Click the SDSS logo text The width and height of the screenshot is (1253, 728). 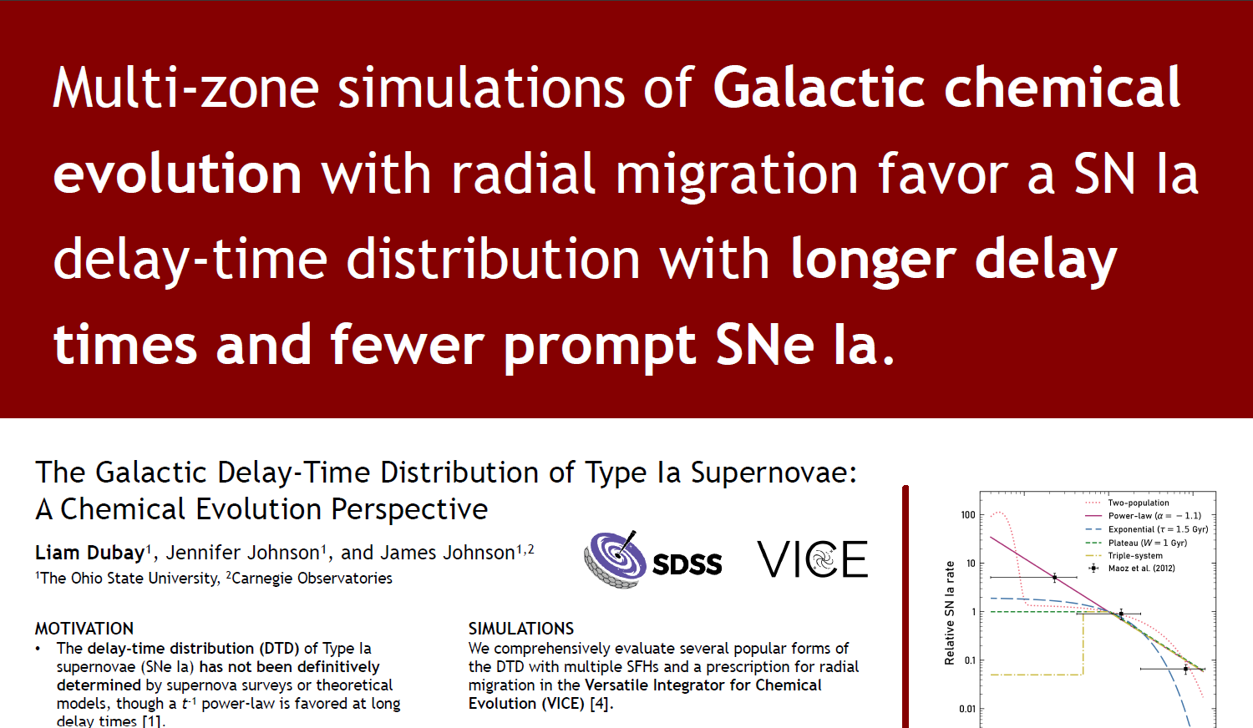[x=687, y=564]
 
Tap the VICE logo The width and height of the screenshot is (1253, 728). [x=812, y=559]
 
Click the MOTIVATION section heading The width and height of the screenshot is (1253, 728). [x=84, y=629]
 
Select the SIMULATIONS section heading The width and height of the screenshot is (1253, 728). [x=520, y=629]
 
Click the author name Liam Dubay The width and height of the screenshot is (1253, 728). [x=89, y=553]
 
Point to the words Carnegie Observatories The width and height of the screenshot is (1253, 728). [x=312, y=579]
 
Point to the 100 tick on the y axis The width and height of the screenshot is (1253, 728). [x=967, y=515]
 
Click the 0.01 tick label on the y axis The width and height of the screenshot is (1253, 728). [x=967, y=709]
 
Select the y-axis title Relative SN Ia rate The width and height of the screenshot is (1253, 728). [x=949, y=613]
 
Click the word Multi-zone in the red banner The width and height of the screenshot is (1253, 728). [x=185, y=88]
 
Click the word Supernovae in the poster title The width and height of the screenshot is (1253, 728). [x=774, y=473]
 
